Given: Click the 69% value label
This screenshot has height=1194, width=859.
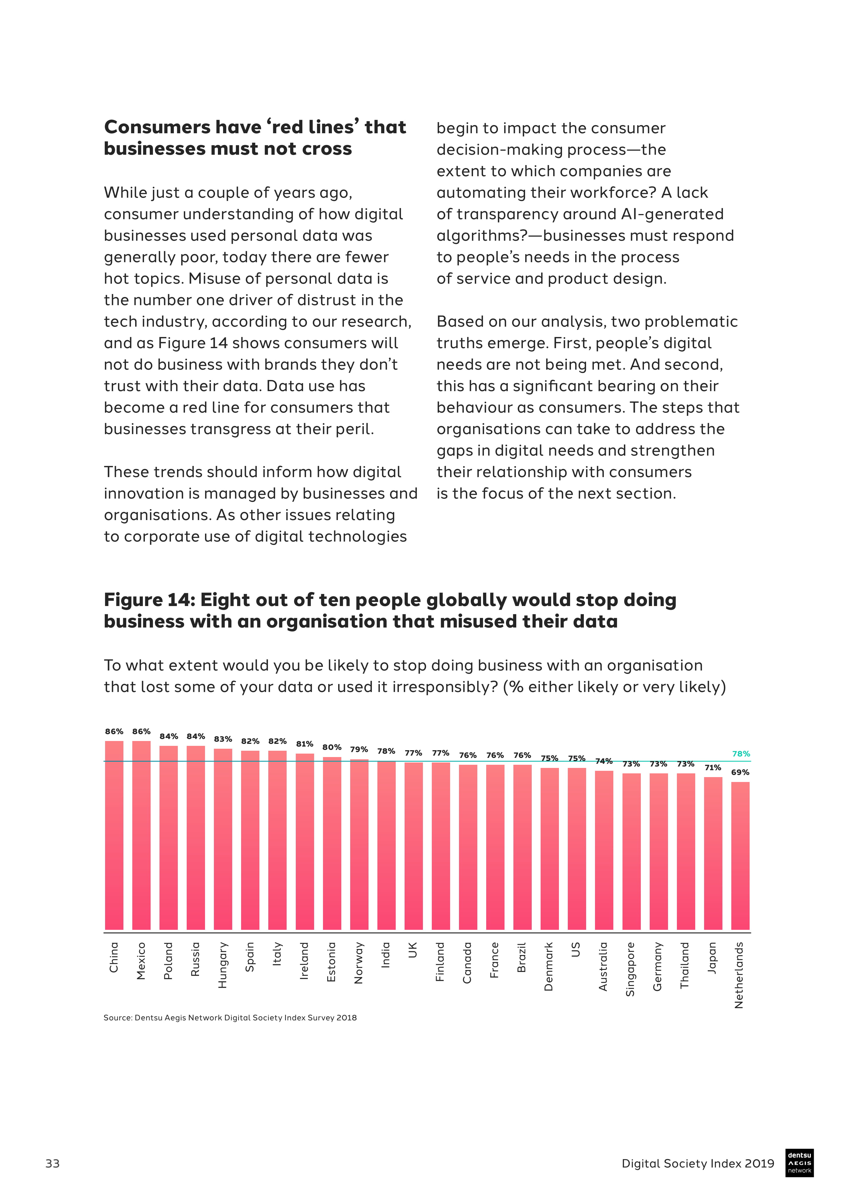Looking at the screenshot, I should (740, 772).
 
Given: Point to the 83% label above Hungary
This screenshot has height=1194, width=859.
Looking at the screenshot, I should (223, 739).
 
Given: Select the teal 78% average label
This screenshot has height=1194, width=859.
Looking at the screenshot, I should (741, 754).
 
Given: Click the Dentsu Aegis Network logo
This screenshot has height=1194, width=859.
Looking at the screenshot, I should (799, 1163).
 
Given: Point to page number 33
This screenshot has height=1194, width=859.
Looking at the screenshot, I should (53, 1163).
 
